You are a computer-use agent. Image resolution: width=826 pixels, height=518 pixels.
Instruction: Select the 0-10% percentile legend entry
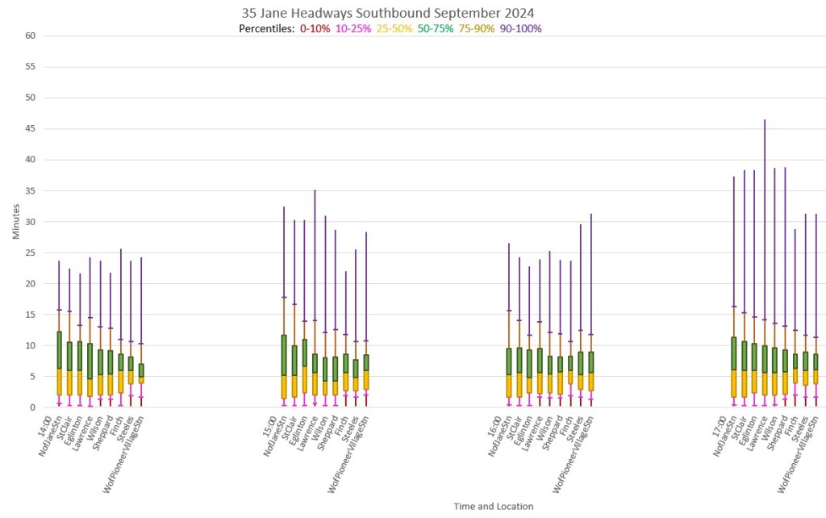tap(314, 28)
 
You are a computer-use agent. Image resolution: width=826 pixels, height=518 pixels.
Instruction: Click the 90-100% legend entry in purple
tap(520, 28)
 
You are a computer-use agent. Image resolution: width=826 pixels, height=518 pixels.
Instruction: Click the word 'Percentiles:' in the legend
tap(266, 28)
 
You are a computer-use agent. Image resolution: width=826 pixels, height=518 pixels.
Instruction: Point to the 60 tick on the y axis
tap(30, 36)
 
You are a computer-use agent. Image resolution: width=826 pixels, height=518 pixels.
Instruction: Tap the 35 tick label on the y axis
tap(30, 191)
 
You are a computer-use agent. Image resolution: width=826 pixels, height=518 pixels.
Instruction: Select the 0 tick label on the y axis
tap(33, 407)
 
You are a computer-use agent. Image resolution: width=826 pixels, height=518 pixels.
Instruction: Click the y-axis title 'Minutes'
tap(17, 221)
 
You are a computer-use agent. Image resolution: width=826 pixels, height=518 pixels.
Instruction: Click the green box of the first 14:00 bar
tap(60, 350)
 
